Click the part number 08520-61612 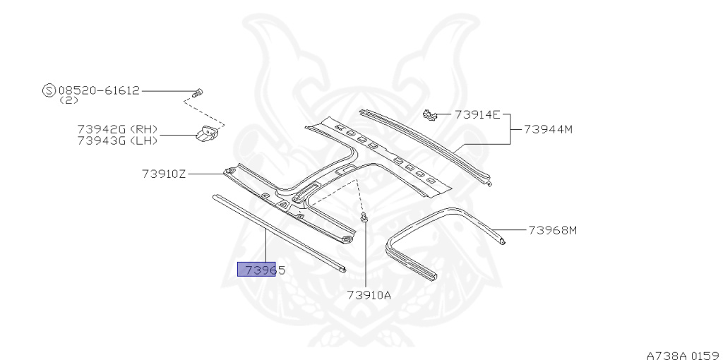tap(99, 91)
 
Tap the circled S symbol tap(49, 91)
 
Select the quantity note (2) tap(68, 101)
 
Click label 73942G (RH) tap(117, 130)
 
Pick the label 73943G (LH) tap(117, 140)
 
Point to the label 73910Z tap(163, 174)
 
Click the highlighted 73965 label tap(261, 270)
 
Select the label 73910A tap(369, 294)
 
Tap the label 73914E tap(477, 114)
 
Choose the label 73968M tap(553, 230)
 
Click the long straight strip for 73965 tap(275, 233)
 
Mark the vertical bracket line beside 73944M tap(509, 129)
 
